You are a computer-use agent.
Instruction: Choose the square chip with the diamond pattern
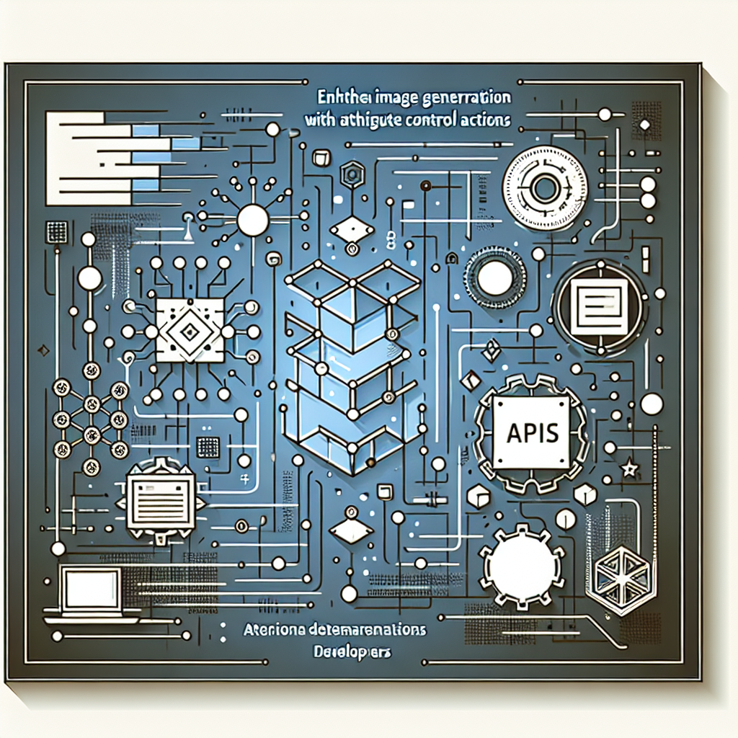pyautogui.click(x=189, y=331)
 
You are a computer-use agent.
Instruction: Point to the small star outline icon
pyautogui.click(x=631, y=469)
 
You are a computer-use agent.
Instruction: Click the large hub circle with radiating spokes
pyautogui.click(x=252, y=219)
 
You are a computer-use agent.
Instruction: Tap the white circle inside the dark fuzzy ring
pyautogui.click(x=495, y=279)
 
